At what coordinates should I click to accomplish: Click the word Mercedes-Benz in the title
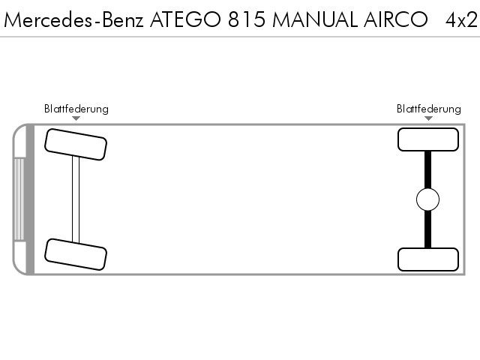click(x=73, y=19)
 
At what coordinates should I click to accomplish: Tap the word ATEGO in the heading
click(x=185, y=19)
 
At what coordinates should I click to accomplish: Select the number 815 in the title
click(x=247, y=19)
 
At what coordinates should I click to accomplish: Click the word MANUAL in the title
click(x=315, y=19)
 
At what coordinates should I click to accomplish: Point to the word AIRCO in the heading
click(x=395, y=19)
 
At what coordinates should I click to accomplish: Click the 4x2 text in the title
click(x=461, y=20)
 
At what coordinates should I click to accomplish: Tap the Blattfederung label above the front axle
click(x=76, y=109)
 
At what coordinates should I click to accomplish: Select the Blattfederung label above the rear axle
click(x=428, y=109)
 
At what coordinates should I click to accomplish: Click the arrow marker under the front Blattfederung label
click(x=76, y=118)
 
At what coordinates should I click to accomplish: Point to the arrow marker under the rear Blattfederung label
click(x=428, y=118)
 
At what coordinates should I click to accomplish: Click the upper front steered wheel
click(x=76, y=145)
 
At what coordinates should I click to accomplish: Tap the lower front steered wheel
click(x=76, y=254)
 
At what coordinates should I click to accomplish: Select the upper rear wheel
click(x=428, y=139)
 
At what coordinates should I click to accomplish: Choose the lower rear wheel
click(x=428, y=259)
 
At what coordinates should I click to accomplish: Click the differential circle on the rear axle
click(x=427, y=199)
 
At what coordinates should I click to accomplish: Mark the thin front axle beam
click(x=76, y=199)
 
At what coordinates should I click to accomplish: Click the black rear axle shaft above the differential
click(x=427, y=169)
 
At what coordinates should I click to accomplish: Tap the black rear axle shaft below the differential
click(x=427, y=229)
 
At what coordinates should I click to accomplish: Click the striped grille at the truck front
click(x=19, y=199)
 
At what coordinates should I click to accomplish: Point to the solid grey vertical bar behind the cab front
click(x=30, y=199)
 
